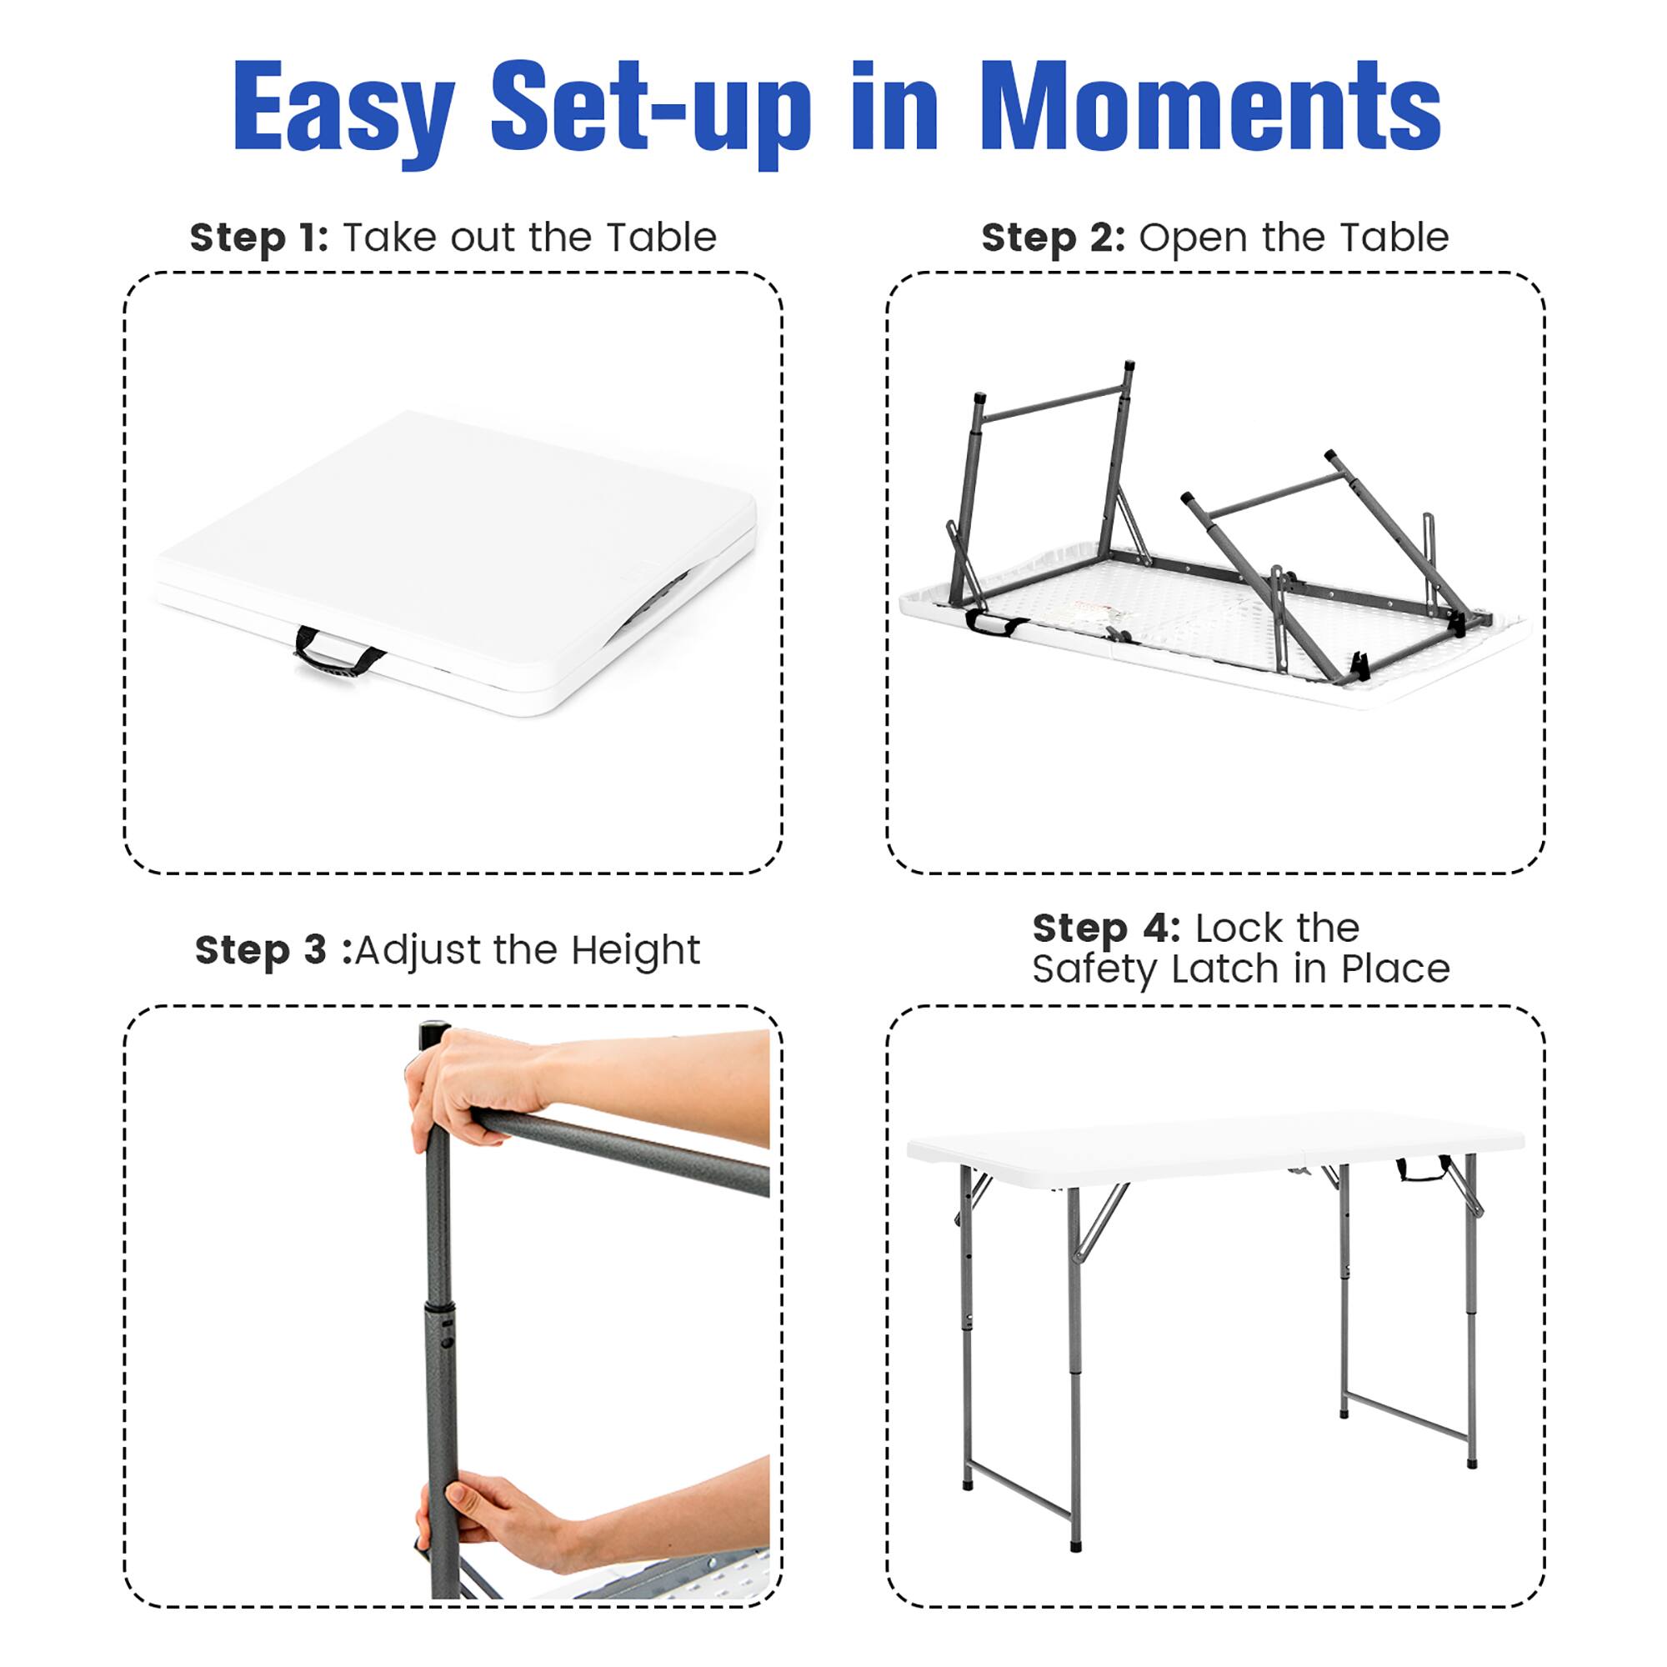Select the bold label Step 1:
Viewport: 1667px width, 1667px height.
coord(259,238)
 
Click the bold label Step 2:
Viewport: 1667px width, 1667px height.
coord(1053,238)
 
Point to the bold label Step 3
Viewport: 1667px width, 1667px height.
coord(261,950)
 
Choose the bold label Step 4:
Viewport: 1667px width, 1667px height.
coord(1105,929)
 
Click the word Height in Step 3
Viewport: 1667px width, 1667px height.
coord(635,950)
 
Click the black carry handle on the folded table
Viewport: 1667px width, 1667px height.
coord(338,655)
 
